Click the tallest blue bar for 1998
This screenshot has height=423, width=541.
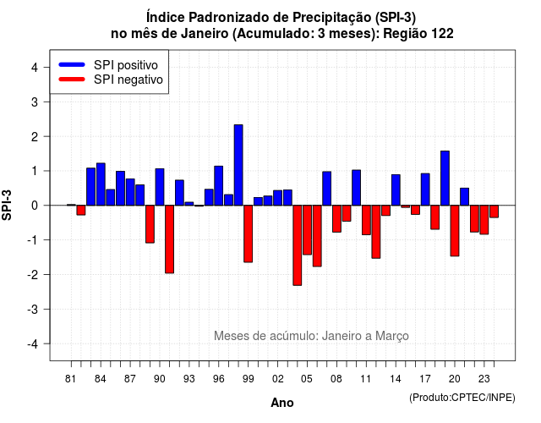pos(238,165)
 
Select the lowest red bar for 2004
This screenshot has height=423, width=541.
pos(298,245)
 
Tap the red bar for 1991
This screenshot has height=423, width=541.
pos(169,239)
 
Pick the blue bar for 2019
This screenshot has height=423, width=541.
pos(445,179)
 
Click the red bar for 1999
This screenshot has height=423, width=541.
pos(248,233)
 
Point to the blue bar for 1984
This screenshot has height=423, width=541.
pos(101,184)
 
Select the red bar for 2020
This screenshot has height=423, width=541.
pos(455,231)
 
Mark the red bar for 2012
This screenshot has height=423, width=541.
pos(376,232)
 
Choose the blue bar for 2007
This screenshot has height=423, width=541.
pos(327,189)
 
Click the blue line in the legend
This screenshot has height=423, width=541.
pos(72,64)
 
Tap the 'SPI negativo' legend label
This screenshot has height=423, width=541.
pos(128,80)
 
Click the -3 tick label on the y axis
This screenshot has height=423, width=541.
pos(32,310)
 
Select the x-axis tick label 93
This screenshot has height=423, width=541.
pos(189,379)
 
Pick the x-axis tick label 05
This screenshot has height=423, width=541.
pos(307,379)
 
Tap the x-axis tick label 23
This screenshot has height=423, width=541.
pos(484,379)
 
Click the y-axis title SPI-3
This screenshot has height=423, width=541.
pos(7,205)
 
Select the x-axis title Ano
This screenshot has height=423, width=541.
pos(282,403)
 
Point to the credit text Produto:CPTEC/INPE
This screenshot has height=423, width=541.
pos(462,398)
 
